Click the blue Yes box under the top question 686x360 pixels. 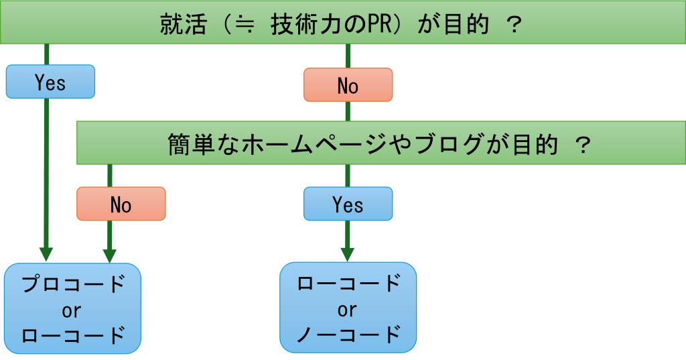click(50, 82)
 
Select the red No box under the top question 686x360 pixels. click(348, 85)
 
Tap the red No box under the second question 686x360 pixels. click(121, 204)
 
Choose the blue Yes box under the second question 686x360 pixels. click(348, 204)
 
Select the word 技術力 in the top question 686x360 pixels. click(299, 25)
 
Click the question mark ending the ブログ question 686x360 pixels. click(582, 144)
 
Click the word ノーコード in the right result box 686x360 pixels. click(348, 334)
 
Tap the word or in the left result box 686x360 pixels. click(72, 310)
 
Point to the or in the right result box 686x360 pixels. click(347, 309)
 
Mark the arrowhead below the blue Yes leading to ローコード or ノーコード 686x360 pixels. click(347, 254)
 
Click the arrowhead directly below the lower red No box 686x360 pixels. click(109, 255)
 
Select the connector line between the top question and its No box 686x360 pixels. click(348, 56)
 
